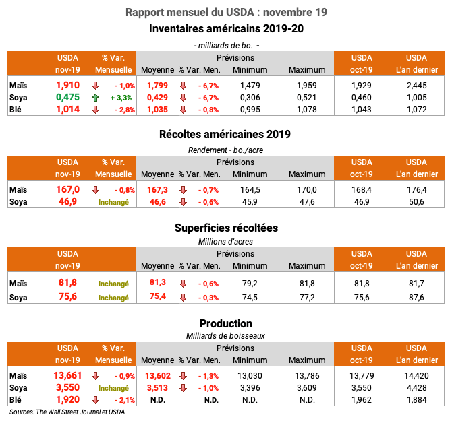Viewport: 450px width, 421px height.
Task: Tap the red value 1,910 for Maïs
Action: pyautogui.click(x=67, y=85)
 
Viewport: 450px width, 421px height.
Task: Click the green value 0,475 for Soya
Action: pyautogui.click(x=67, y=97)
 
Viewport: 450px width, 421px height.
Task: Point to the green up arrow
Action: pyautogui.click(x=96, y=97)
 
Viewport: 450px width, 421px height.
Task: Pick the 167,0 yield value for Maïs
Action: pyautogui.click(x=67, y=189)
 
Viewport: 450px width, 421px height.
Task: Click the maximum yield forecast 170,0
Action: pyautogui.click(x=307, y=190)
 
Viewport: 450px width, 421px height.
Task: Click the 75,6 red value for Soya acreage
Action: pyautogui.click(x=67, y=297)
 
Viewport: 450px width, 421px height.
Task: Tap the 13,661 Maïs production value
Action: pyautogui.click(x=67, y=375)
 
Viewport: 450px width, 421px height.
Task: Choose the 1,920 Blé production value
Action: pyautogui.click(x=67, y=399)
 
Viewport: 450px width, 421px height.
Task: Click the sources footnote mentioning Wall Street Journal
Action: pyautogui.click(x=67, y=412)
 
